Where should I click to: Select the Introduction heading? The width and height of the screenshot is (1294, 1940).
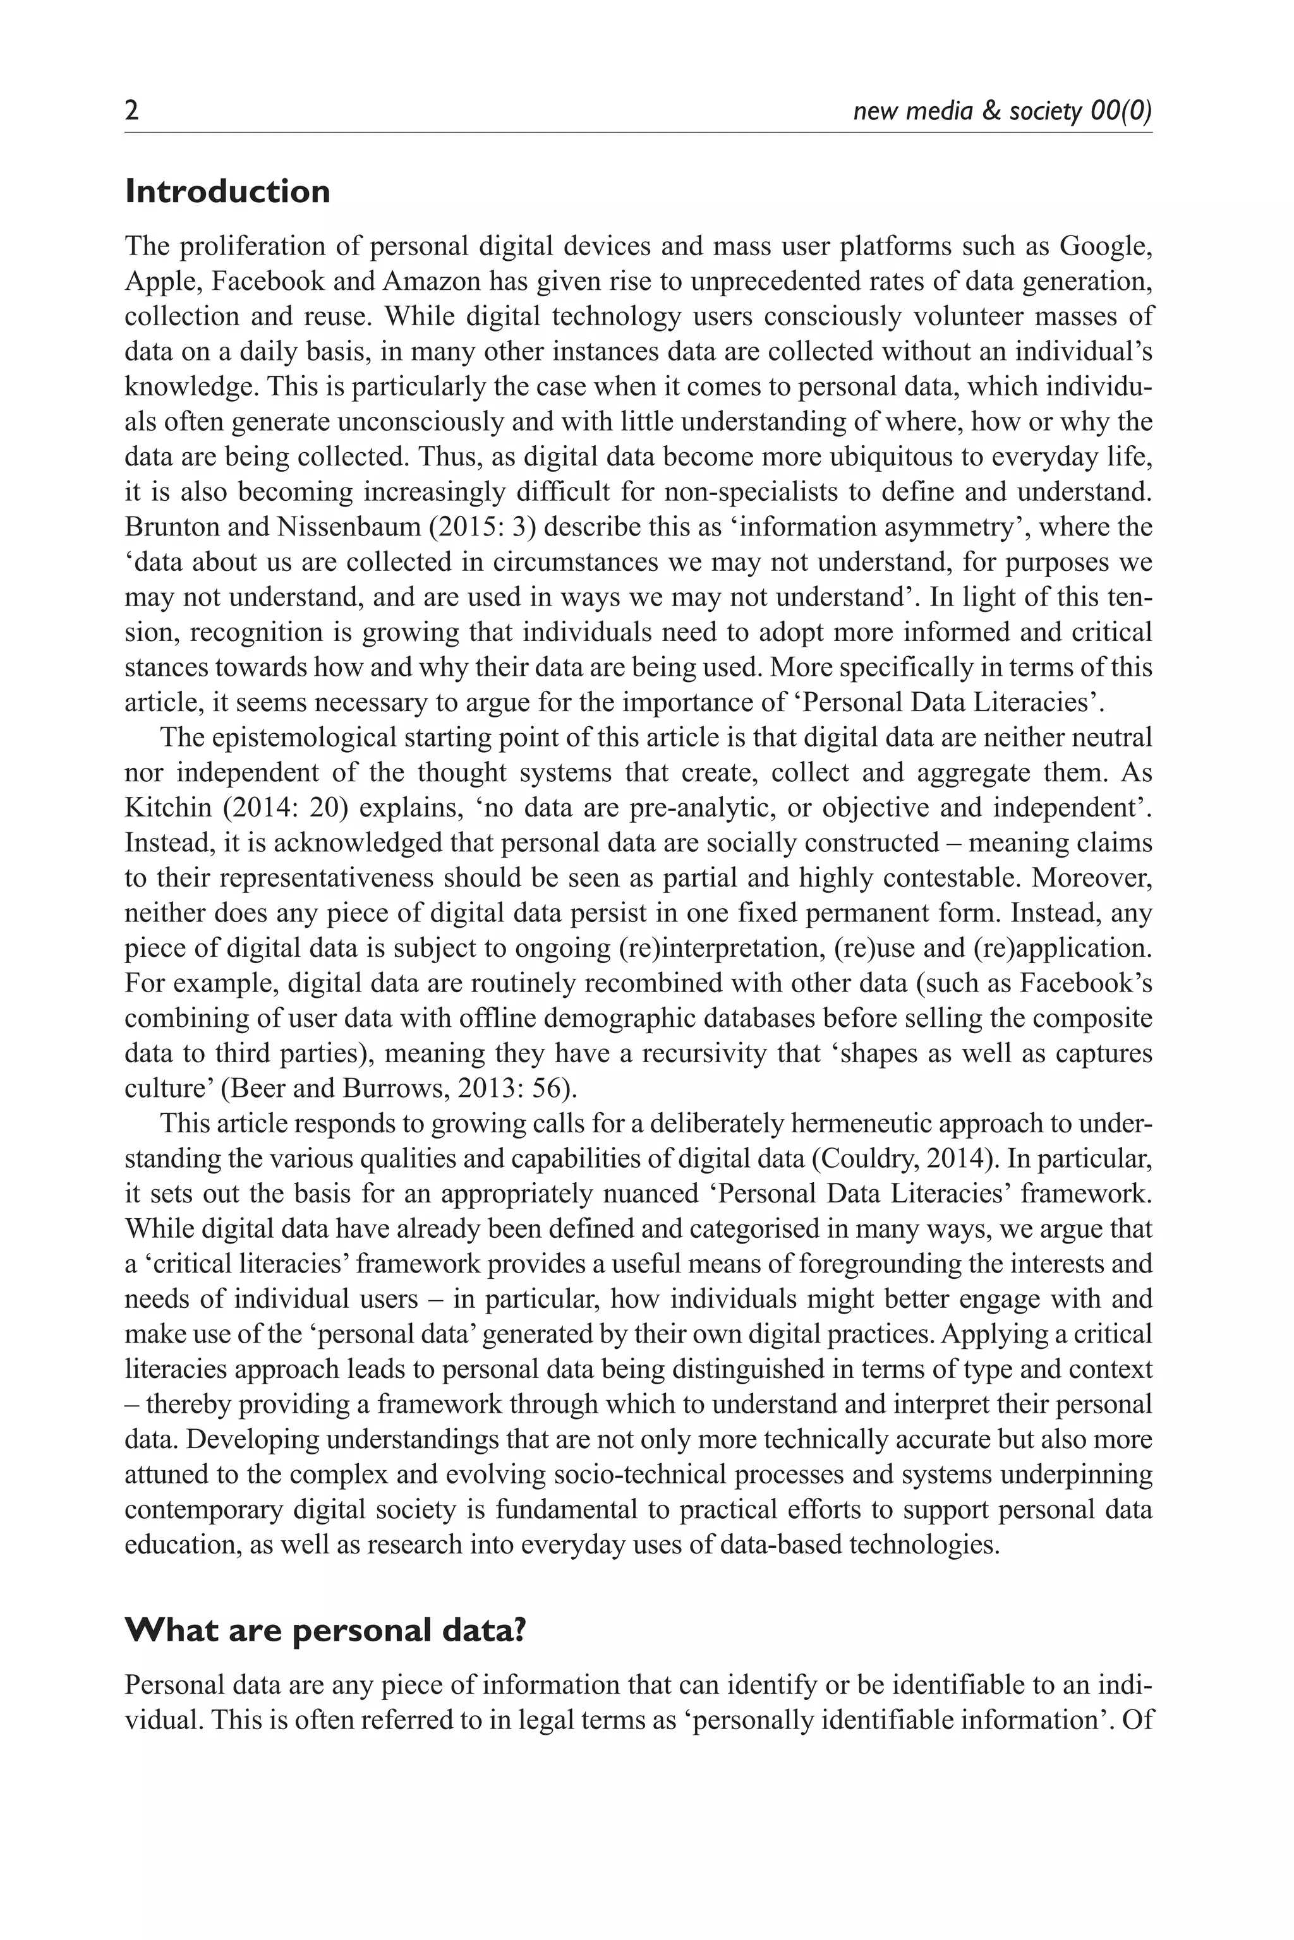(227, 192)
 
